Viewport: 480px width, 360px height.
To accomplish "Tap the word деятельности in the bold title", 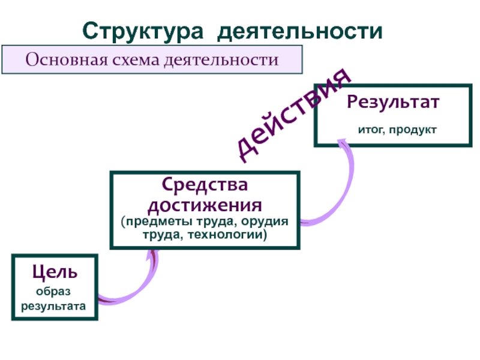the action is pos(299,31).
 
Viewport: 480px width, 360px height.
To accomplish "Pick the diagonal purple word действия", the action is pos(292,118).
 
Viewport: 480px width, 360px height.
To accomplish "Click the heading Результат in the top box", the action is pos(393,101).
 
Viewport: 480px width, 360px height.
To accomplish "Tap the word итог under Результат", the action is pos(371,129).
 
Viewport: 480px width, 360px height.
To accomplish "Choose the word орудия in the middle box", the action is pos(266,222).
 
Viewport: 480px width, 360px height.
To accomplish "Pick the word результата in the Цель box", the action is pos(53,306).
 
